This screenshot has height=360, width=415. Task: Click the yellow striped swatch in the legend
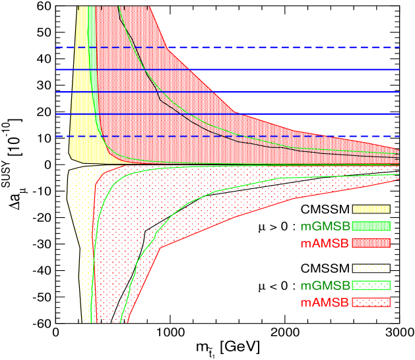pyautogui.click(x=371, y=209)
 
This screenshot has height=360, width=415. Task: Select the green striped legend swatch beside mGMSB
pyautogui.click(x=371, y=226)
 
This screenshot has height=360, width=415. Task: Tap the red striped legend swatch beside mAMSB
pyautogui.click(x=371, y=243)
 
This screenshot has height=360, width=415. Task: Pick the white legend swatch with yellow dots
pyautogui.click(x=371, y=268)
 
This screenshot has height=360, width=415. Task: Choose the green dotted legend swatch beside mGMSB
pyautogui.click(x=371, y=285)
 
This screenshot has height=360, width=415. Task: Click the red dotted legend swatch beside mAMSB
pyautogui.click(x=371, y=303)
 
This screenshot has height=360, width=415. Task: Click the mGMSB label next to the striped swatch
pyautogui.click(x=325, y=226)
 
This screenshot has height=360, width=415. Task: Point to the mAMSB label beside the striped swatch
pyautogui.click(x=325, y=243)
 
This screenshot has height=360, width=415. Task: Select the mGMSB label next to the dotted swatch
pyautogui.click(x=325, y=285)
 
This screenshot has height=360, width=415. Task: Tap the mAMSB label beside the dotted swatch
pyautogui.click(x=325, y=303)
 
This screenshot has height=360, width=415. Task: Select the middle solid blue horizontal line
pyautogui.click(x=264, y=92)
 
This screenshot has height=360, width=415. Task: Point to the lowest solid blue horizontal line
pyautogui.click(x=297, y=114)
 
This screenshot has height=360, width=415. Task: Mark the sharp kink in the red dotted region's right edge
pyautogui.click(x=161, y=248)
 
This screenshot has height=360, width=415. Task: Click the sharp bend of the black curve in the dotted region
pyautogui.click(x=144, y=231)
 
